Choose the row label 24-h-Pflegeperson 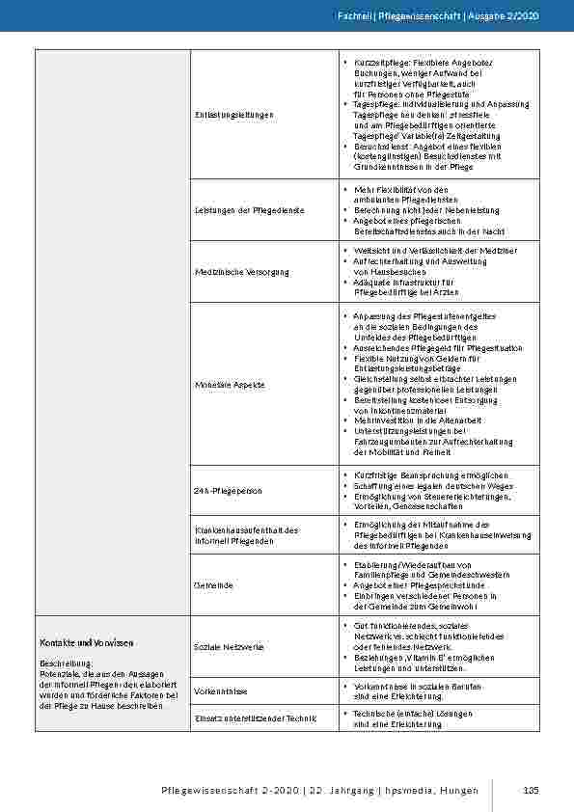(228, 491)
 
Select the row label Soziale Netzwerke (229, 646)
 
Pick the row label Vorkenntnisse (221, 691)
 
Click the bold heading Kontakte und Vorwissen (86, 642)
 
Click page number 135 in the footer (530, 791)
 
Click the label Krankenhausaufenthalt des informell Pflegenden (247, 534)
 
